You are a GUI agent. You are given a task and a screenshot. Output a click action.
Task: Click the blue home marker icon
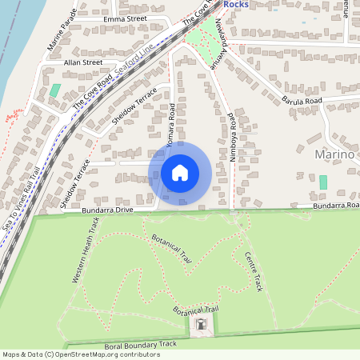coord(180,172)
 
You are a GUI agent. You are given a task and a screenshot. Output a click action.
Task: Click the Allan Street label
coord(83,62)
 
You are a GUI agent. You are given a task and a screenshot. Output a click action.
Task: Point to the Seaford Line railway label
coord(134,61)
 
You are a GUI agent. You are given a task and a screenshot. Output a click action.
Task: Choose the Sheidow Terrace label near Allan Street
coord(134,105)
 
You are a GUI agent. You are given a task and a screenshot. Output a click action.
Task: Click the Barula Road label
coord(301,102)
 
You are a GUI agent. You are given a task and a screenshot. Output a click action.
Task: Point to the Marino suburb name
coord(334,154)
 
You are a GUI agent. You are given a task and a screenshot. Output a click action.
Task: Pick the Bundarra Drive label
coord(107,210)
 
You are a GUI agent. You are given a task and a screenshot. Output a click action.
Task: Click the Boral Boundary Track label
coord(140,345)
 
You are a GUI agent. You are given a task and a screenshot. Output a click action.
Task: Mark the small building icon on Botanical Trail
coord(200,325)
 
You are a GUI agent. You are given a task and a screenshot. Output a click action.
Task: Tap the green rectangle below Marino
coord(323,182)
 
